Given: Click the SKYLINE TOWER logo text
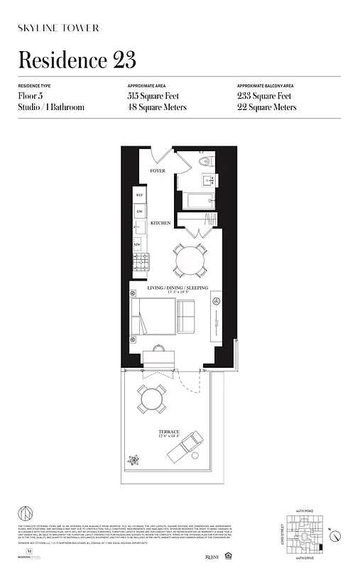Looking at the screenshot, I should point(58,28).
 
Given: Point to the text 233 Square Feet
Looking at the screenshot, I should point(266,96).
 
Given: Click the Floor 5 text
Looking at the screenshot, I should point(33,96).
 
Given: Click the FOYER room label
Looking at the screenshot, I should point(157,171).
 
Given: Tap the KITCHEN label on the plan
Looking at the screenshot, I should point(160,223).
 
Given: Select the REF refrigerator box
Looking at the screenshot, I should point(139,195).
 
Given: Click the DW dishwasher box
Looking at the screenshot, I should point(139,212).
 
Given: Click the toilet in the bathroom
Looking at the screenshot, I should point(204,162).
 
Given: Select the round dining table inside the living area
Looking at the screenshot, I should point(190,260).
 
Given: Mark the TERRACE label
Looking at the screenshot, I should point(169,432).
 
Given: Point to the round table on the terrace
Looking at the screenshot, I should point(153,399).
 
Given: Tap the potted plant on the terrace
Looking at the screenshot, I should point(133,459).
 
